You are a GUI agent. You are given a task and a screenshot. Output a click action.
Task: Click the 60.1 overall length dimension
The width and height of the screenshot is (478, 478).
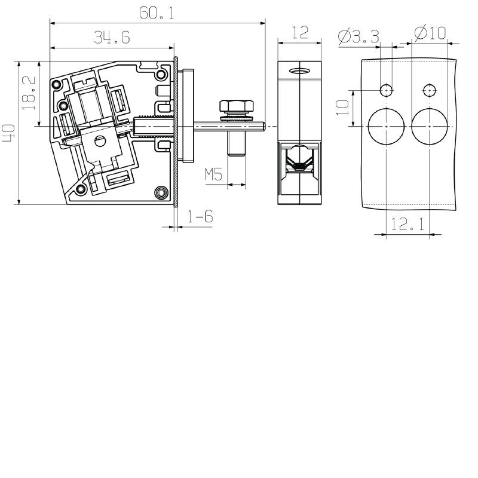click(x=157, y=13)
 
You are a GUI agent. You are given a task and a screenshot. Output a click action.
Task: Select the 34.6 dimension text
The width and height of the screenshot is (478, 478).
click(x=112, y=38)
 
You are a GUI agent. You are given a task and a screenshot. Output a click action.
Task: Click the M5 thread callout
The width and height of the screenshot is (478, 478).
click(x=213, y=174)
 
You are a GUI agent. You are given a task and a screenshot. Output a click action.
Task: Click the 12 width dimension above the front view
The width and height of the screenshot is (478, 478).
click(x=301, y=32)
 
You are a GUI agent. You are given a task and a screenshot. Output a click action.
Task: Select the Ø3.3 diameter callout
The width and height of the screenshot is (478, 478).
click(x=358, y=35)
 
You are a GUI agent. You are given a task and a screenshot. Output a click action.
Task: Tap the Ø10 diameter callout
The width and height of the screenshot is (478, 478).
click(x=430, y=33)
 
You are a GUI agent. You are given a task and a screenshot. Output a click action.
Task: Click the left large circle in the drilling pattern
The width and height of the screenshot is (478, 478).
click(x=386, y=127)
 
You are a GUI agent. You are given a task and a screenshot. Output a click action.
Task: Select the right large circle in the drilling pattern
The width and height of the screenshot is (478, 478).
click(x=429, y=127)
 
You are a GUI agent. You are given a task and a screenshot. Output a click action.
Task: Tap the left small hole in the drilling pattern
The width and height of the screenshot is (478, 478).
click(x=386, y=90)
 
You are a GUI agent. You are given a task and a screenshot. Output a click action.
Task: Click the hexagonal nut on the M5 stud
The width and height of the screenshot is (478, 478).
click(x=237, y=108)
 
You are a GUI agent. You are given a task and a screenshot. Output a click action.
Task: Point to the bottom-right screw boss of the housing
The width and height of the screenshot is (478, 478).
click(x=160, y=192)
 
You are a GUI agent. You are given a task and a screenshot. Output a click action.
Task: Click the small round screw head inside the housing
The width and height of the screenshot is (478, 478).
click(x=100, y=142)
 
